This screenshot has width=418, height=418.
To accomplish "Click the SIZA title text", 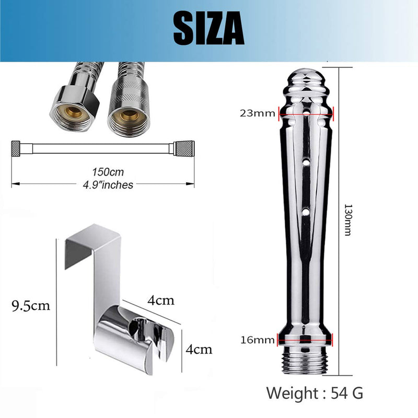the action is (208, 28).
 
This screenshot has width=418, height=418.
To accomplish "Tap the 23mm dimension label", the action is (257, 113).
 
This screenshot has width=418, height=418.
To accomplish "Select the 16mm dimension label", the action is (257, 340).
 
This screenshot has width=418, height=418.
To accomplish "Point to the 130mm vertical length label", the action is (348, 220).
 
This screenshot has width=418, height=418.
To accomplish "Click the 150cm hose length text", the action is (108, 172).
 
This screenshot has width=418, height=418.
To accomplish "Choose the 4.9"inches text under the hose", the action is (108, 185).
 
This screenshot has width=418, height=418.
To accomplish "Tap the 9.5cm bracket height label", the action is (31, 306).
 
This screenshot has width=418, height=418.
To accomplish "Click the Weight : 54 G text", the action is (315, 393).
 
